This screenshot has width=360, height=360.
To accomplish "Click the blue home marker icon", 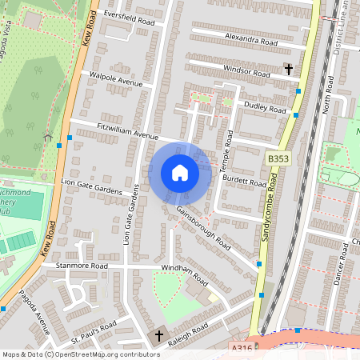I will coord(180,173).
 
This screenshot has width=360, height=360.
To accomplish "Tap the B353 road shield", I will coord(278,161).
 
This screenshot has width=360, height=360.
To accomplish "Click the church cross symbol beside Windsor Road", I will coord(288,70).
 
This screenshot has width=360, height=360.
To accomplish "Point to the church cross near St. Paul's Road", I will coord(158,335).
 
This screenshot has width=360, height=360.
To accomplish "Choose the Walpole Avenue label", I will coord(115,81).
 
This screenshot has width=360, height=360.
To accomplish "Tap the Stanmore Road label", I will coord(81,265).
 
